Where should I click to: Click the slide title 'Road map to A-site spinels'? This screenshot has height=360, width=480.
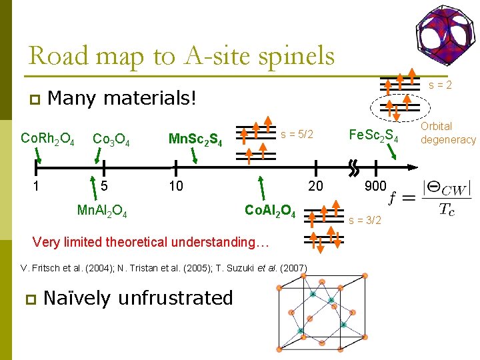coord(181,55)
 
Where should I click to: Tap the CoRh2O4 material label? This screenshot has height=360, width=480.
coord(47,139)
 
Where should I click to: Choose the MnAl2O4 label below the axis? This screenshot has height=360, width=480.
coord(102,211)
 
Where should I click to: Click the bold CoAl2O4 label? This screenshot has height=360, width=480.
coord(270,211)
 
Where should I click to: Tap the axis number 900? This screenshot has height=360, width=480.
coord(375,186)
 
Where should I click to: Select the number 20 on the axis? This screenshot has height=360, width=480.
coord(315,186)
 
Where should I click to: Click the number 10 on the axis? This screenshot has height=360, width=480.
coord(175,186)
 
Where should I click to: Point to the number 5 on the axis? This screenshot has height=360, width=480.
coord(103,186)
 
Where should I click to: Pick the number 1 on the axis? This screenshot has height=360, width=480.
coord(37,186)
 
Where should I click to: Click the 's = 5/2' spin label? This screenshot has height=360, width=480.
coord(297,134)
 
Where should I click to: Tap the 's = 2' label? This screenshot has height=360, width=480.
coord(440,85)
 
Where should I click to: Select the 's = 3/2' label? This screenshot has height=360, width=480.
coord(365,221)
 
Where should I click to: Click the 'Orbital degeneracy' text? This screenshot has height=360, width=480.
coord(447,133)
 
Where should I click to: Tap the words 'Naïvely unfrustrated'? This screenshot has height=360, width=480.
coord(138,297)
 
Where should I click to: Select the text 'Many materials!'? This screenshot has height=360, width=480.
coord(123,99)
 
